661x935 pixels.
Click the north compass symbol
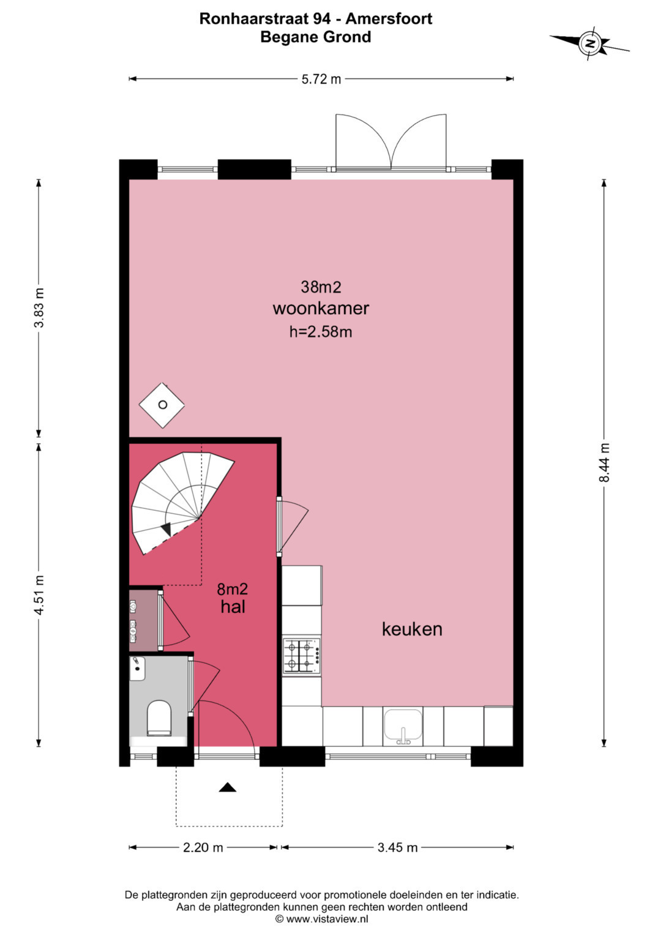click(x=590, y=43)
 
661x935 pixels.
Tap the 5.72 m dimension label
click(x=321, y=79)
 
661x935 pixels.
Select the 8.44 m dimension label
click(x=604, y=462)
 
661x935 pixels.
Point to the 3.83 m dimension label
click(x=39, y=307)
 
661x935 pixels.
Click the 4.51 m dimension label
click(x=39, y=595)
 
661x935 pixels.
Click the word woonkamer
click(x=321, y=309)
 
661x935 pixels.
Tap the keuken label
click(x=412, y=629)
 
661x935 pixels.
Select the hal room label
click(x=233, y=607)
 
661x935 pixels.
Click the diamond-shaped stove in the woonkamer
click(x=162, y=405)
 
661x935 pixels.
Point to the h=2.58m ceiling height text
click(x=321, y=332)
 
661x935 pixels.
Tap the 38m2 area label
click(x=321, y=287)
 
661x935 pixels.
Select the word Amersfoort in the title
click(x=389, y=19)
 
